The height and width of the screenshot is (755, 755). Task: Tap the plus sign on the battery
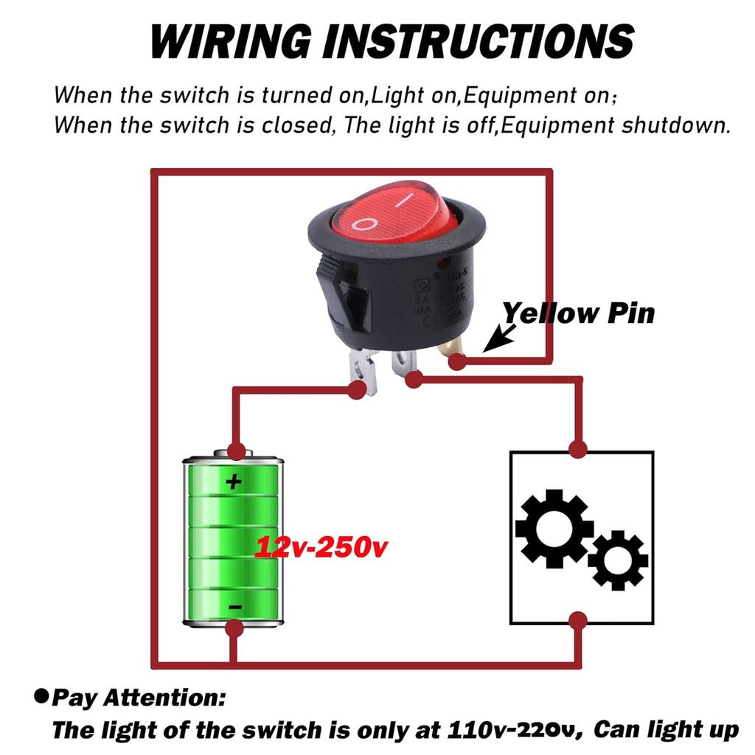[x=234, y=482]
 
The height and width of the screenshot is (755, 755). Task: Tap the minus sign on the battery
[x=234, y=606]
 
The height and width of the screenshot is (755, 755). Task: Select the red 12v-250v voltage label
[x=321, y=547]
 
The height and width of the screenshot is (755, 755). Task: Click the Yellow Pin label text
[x=578, y=313]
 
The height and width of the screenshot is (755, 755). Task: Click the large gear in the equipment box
[x=554, y=528]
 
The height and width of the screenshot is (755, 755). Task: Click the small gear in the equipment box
[x=618, y=560]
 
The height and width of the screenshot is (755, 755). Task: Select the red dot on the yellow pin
[x=458, y=361]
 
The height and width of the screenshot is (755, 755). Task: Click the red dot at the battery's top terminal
[x=236, y=450]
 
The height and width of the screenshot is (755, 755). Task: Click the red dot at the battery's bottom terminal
[x=234, y=629]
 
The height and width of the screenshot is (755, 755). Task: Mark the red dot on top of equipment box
[x=578, y=449]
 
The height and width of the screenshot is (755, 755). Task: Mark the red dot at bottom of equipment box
[x=578, y=621]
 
